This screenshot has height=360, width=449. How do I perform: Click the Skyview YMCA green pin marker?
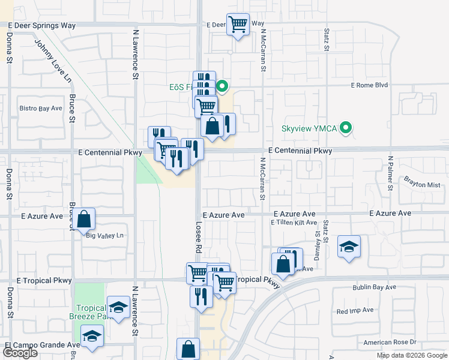[346, 128]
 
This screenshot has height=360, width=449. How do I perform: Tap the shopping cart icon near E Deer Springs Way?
[238, 25]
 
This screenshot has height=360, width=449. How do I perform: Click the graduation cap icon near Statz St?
[348, 247]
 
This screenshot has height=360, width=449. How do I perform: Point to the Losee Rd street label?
[199, 236]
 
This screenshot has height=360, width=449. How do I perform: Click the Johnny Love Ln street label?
[52, 61]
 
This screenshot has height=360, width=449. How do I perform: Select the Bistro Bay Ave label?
[40, 109]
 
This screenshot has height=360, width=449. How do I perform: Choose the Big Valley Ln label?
[104, 235]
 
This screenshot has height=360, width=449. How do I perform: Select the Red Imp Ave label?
[355, 311]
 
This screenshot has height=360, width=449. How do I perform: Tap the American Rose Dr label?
[390, 342]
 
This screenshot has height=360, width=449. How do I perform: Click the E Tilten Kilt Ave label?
[294, 223]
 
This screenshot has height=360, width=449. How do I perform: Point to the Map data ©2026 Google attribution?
[412, 355]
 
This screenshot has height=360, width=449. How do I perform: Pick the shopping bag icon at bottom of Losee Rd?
[188, 349]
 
